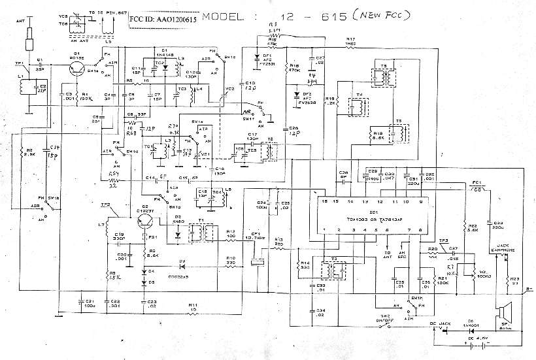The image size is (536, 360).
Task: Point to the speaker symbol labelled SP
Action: click(503, 313)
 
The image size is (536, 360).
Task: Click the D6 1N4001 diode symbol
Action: click(465, 328)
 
